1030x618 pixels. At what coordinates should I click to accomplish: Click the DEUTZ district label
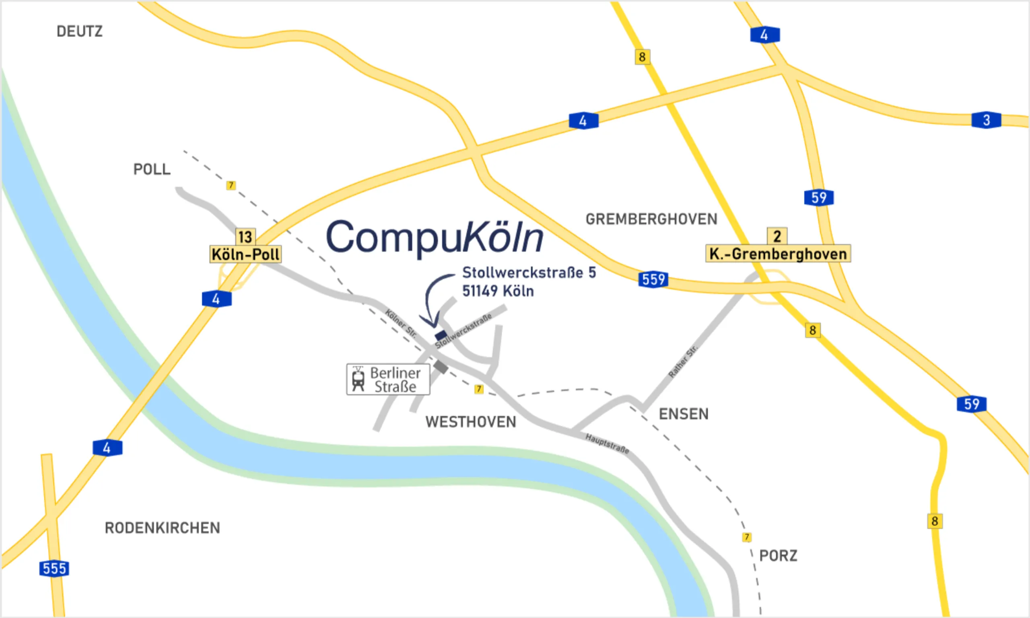79,32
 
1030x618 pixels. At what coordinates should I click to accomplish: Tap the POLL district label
152,170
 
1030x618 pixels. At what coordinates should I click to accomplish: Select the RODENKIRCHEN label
162,528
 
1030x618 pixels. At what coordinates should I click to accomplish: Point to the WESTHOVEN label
470,422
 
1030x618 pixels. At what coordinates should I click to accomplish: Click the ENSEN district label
683,415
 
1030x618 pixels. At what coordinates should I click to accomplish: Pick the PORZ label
778,556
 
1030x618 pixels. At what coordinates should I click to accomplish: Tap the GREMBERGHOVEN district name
651,220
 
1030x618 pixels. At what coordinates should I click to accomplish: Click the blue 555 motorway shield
54,569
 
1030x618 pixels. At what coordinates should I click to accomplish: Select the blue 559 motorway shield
653,279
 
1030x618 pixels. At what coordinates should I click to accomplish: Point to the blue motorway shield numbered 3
986,120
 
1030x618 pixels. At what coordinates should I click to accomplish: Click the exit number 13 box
245,237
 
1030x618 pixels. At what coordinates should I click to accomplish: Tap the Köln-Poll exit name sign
245,255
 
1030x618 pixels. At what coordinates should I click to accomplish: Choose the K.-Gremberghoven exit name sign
778,254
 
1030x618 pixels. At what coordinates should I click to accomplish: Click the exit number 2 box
777,236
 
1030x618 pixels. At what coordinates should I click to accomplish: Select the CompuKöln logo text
435,237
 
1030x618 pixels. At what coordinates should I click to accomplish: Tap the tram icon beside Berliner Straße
358,379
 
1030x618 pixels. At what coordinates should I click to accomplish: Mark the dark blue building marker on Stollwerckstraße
441,335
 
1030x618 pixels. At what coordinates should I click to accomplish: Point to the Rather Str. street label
682,361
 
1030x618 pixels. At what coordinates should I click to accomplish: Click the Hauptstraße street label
607,443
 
